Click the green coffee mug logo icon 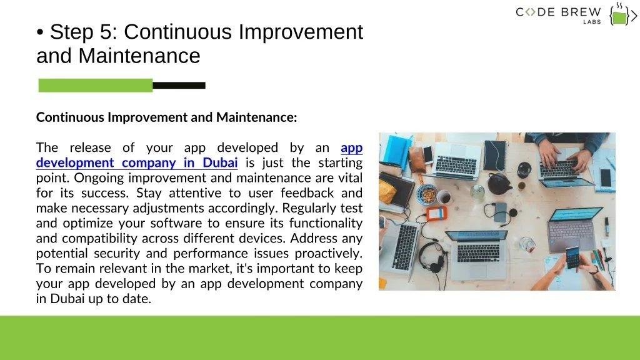619,16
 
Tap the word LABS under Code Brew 592,22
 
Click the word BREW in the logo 581,12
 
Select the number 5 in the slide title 106,32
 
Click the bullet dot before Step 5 40,32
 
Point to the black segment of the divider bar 179,85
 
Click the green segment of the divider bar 96,85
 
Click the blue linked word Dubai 220,162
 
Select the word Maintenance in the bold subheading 256,117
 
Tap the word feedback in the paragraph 307,192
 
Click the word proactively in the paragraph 329,254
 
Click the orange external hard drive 436,214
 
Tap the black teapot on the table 499,183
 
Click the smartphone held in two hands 572,257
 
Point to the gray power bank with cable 501,212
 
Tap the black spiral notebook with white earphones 495,155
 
